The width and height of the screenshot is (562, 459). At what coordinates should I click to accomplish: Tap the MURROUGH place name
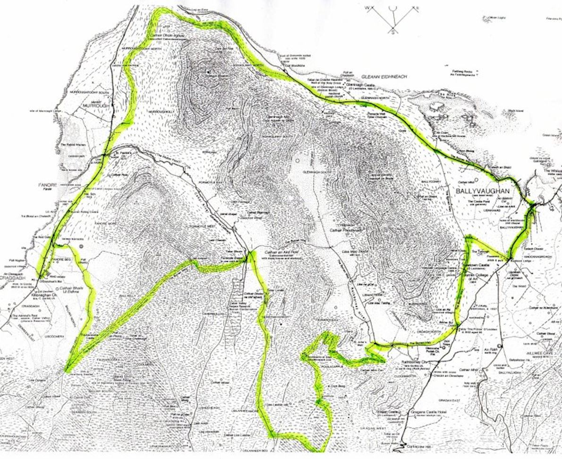point(95,106)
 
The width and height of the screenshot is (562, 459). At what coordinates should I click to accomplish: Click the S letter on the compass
point(392,32)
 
